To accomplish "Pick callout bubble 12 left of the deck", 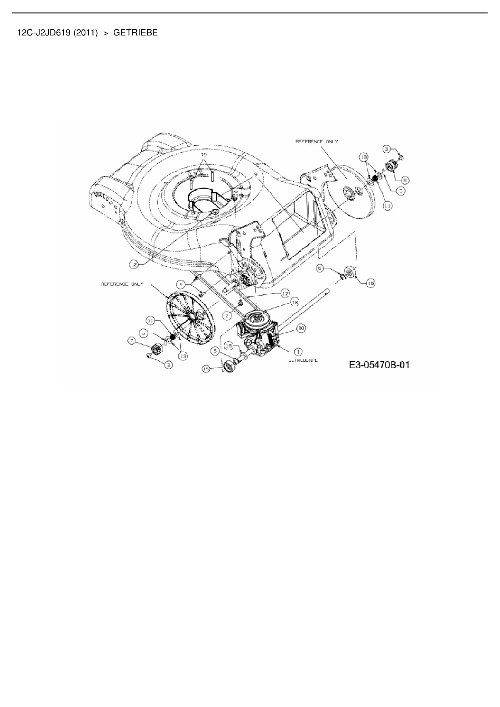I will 134,264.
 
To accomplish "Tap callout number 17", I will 285,293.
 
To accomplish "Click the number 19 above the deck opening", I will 204,155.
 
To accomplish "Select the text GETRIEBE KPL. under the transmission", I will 303,361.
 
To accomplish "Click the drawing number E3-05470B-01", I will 379,365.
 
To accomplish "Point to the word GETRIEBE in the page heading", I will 135,33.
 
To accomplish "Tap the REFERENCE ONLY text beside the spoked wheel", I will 121,284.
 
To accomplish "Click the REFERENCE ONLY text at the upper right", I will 317,141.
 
